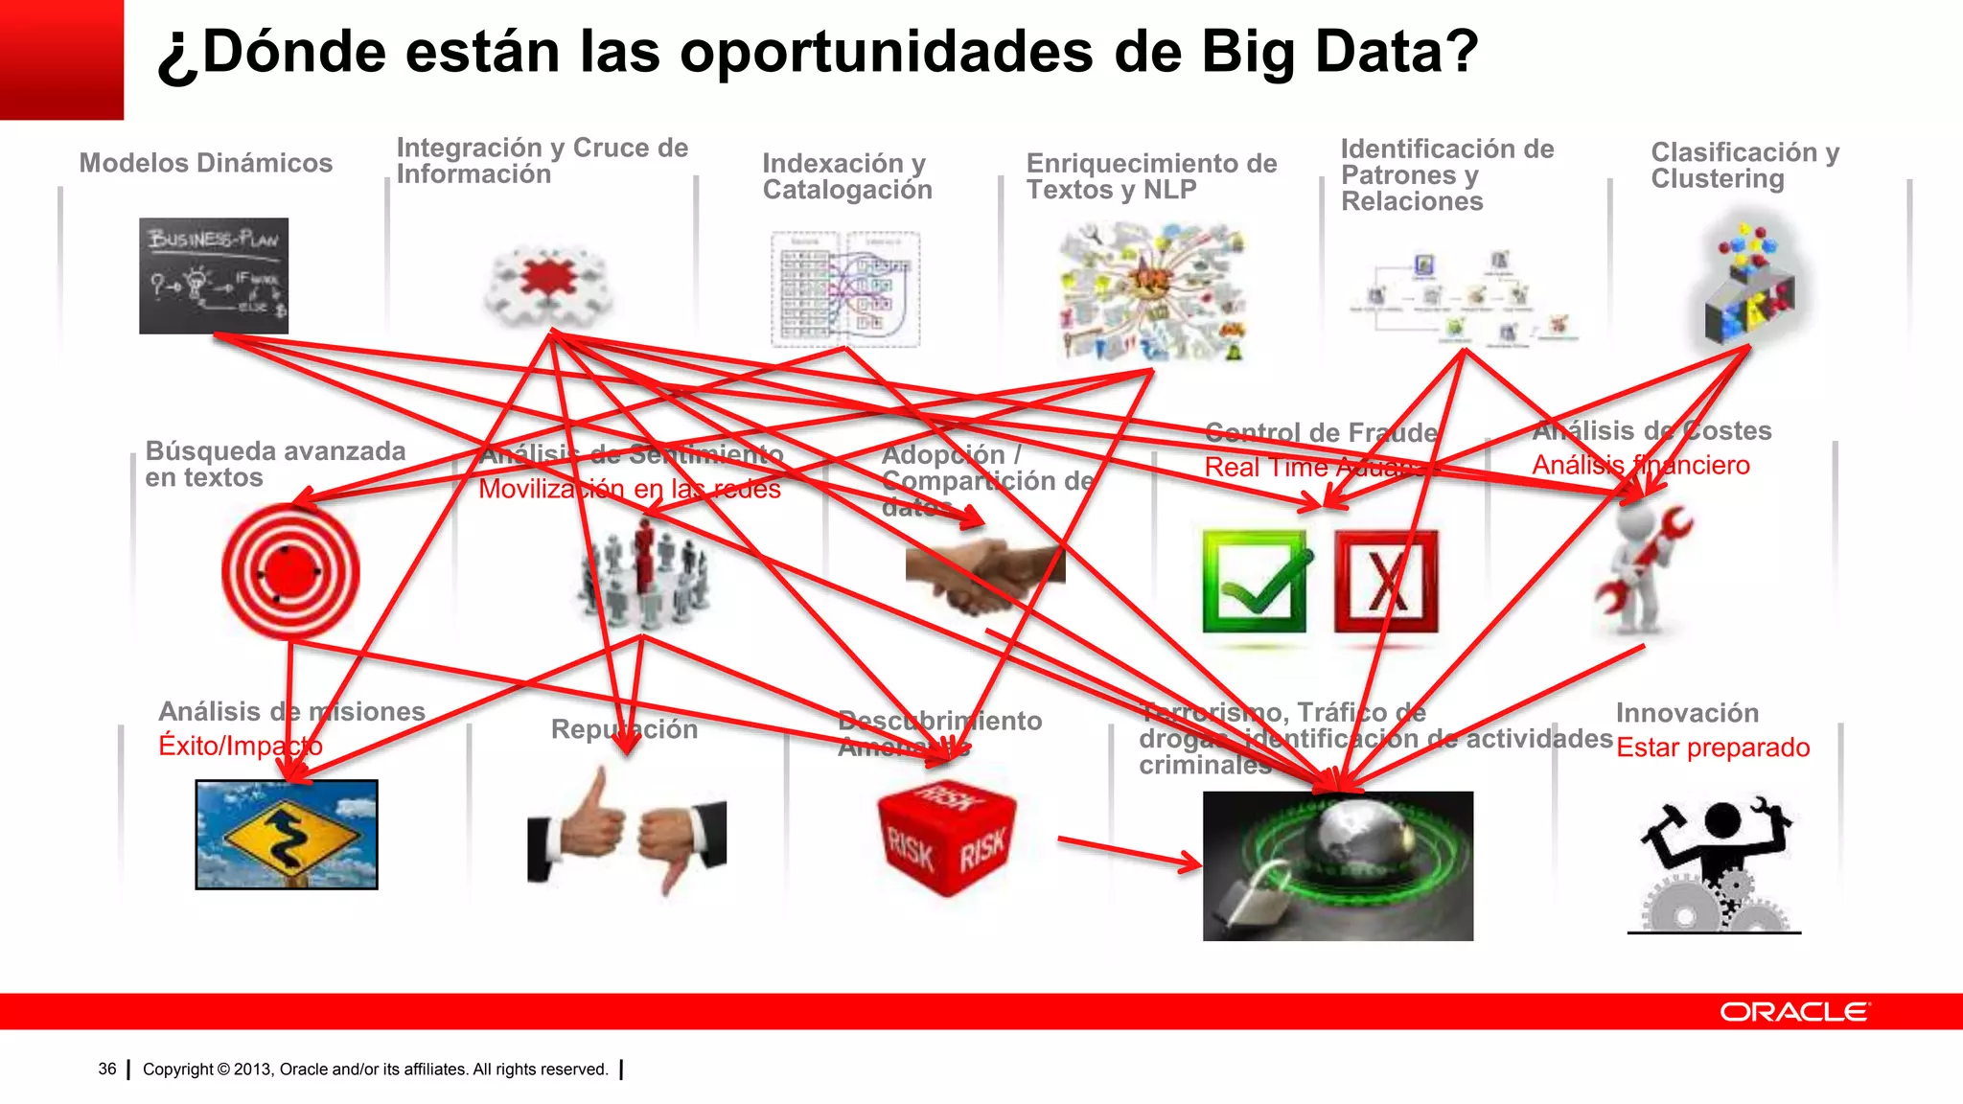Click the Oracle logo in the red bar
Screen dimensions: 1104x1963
1793,1012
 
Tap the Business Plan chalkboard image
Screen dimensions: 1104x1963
214,276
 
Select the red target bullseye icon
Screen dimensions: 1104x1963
290,572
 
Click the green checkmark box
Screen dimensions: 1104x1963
1255,583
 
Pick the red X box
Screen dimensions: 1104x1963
1386,583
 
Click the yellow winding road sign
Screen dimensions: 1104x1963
287,835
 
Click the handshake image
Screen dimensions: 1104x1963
984,575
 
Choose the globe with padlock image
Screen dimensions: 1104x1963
1338,865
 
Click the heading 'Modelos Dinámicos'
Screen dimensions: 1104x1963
206,163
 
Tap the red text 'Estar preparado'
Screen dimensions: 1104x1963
1713,747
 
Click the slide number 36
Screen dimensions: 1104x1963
107,1069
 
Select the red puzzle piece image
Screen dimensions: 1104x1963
548,281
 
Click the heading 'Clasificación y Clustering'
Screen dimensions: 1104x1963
1744,166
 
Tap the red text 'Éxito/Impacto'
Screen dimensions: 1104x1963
241,746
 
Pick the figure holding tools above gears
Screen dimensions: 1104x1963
1715,863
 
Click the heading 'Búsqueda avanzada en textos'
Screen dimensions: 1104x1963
275,464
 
